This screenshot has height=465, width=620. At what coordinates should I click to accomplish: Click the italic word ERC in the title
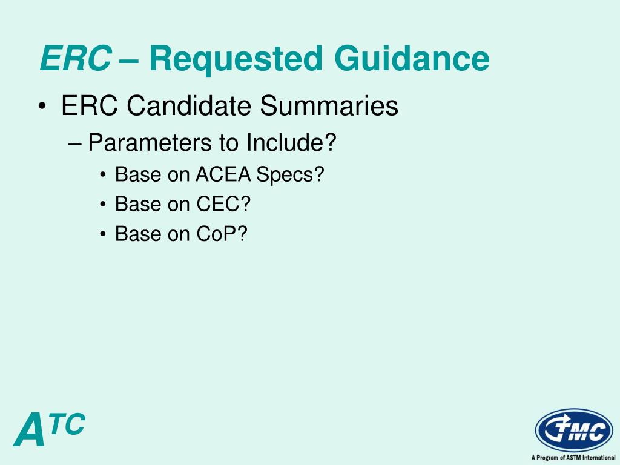[75, 59]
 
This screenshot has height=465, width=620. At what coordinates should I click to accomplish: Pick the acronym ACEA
[223, 174]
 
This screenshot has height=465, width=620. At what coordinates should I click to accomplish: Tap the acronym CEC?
[223, 204]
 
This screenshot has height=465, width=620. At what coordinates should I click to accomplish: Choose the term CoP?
[222, 234]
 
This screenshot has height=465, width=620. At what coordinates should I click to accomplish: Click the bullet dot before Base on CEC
[104, 205]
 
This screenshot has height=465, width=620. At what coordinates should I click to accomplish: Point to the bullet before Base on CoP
[104, 234]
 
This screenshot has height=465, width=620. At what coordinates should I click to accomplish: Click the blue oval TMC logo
[573, 430]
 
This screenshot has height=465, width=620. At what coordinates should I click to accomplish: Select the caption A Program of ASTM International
[573, 458]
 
